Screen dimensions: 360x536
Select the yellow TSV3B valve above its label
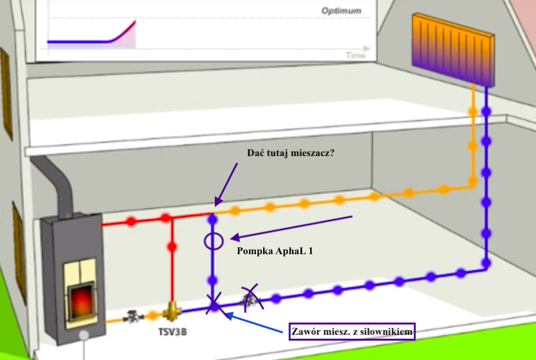(x=172, y=311)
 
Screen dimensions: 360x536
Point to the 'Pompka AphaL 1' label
(x=275, y=251)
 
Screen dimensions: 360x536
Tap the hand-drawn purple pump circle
(x=213, y=241)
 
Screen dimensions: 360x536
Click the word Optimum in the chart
(x=341, y=11)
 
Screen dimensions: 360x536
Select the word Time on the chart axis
(x=355, y=55)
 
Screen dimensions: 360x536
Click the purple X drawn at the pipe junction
(x=213, y=304)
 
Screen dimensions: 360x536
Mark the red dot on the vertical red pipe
(x=172, y=246)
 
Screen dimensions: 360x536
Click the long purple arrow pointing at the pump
(x=290, y=226)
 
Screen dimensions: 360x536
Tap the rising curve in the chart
(x=119, y=34)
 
